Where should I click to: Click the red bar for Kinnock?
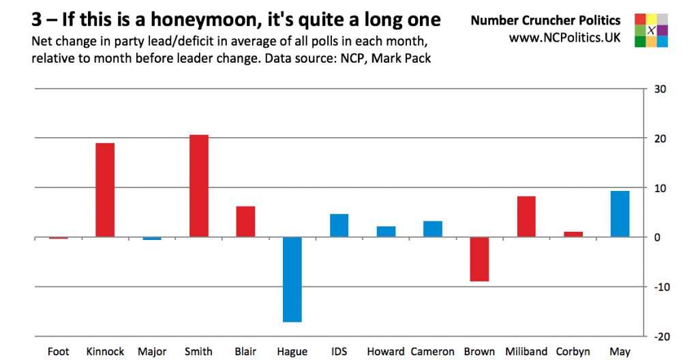point(105,190)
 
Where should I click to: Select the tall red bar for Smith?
point(198,186)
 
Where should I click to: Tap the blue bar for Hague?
point(292,279)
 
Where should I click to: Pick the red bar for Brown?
point(479,259)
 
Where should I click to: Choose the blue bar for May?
point(620,214)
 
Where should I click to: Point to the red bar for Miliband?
point(526,217)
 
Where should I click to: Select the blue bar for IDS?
point(339,226)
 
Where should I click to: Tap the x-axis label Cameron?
point(432,352)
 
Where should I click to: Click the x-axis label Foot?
point(59,352)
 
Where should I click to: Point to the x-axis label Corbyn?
point(573,352)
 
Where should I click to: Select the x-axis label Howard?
point(386,352)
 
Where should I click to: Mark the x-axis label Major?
point(152,352)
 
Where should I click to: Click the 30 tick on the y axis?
point(661,89)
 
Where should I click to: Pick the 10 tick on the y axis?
point(661,188)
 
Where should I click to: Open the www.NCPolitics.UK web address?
point(564,37)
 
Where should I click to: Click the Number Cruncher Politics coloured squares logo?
point(651,30)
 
